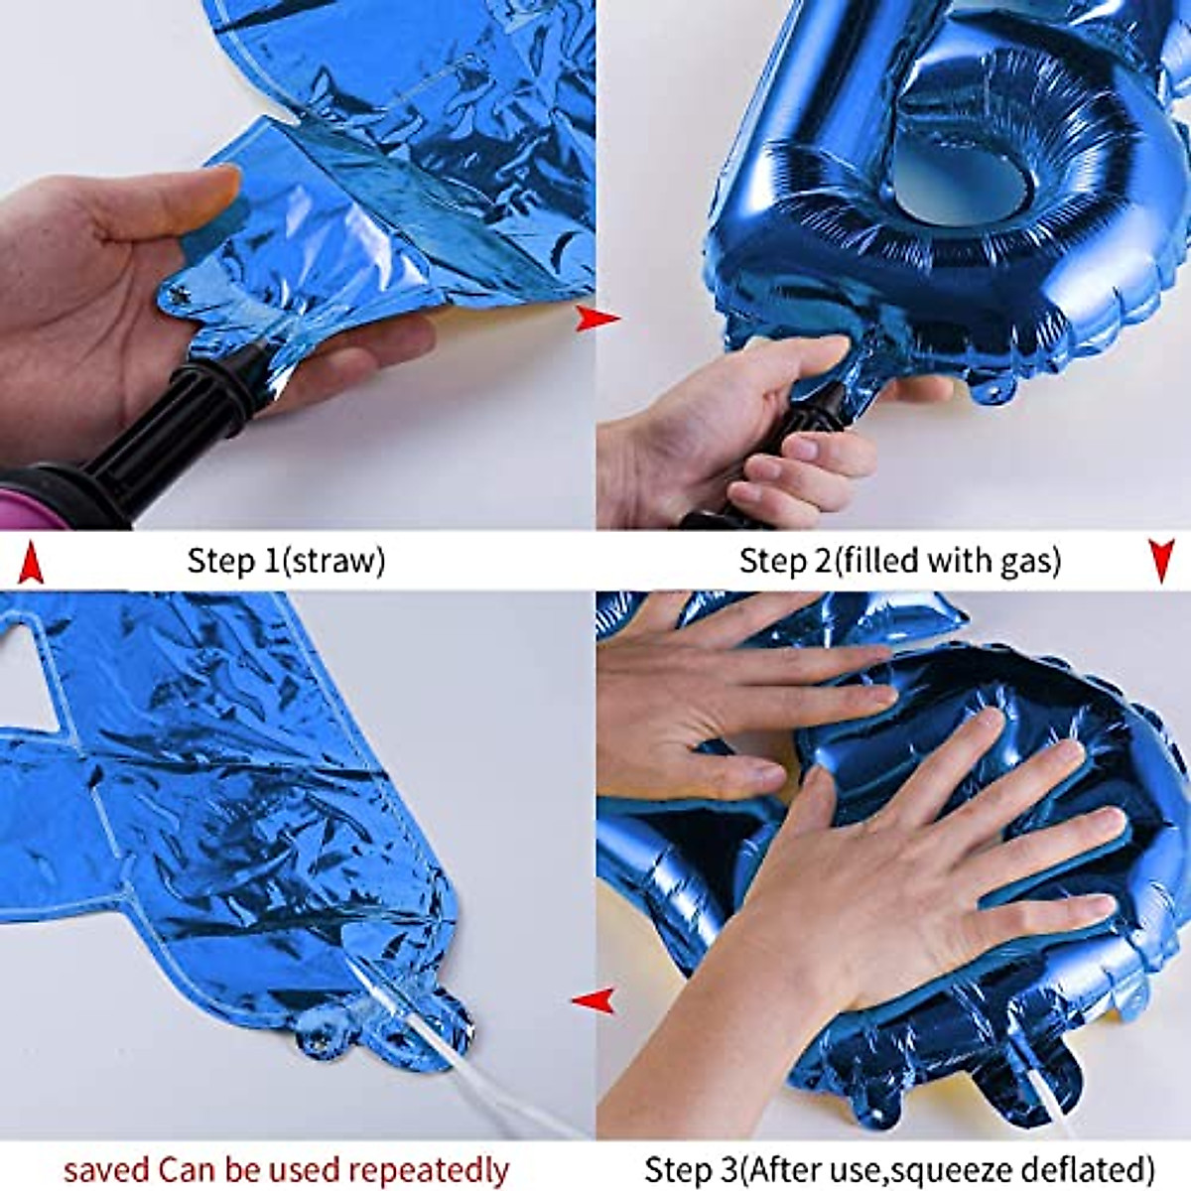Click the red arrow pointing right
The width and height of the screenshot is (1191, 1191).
(x=596, y=319)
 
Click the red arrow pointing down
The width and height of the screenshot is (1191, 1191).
(x=1161, y=561)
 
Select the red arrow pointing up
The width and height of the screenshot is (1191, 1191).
(x=32, y=562)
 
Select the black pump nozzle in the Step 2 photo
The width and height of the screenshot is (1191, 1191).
(x=794, y=437)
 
